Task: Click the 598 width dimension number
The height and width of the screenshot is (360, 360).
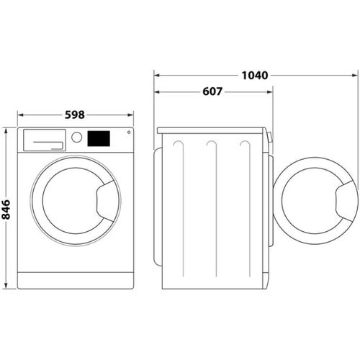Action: point(75,114)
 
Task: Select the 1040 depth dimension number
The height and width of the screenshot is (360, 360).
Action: point(255,74)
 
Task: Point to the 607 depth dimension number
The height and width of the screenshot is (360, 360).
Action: point(212,91)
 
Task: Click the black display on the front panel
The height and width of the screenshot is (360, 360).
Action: point(99,138)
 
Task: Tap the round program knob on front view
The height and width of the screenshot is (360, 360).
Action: point(76,138)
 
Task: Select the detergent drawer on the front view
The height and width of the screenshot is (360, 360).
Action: point(44,139)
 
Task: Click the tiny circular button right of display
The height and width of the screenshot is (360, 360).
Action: point(129,132)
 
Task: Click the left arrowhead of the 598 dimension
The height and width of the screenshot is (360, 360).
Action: point(19,114)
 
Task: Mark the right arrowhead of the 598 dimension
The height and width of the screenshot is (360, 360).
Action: point(132,114)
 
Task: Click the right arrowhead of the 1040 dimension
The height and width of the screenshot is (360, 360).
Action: point(356,74)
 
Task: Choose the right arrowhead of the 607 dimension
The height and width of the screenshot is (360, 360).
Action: point(271,91)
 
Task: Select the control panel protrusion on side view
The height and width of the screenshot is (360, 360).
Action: point(269,137)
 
